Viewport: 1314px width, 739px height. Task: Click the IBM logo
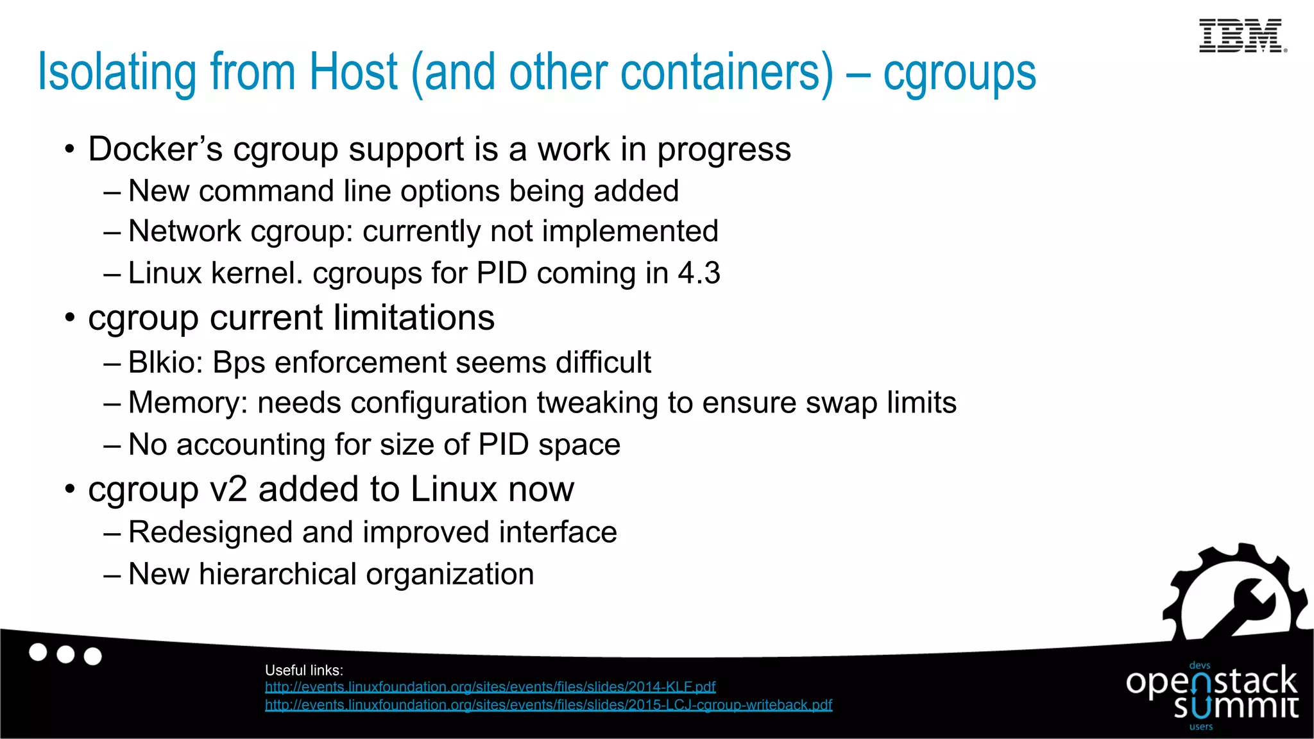tap(1241, 36)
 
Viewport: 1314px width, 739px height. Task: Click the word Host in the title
tap(354, 72)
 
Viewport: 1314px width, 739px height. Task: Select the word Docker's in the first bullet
tap(155, 149)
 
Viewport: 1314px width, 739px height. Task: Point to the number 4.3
tap(699, 273)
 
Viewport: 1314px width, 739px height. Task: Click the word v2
tap(228, 489)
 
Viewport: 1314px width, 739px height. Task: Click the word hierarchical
tap(277, 574)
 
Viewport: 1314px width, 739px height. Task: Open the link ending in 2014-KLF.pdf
tap(490, 687)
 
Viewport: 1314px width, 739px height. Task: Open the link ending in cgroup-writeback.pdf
tap(549, 705)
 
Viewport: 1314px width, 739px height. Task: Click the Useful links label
tap(304, 670)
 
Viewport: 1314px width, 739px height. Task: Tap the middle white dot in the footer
tap(65, 654)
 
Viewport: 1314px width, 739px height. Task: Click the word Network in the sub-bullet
tap(184, 232)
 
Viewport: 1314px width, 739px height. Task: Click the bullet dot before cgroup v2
tap(70, 489)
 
